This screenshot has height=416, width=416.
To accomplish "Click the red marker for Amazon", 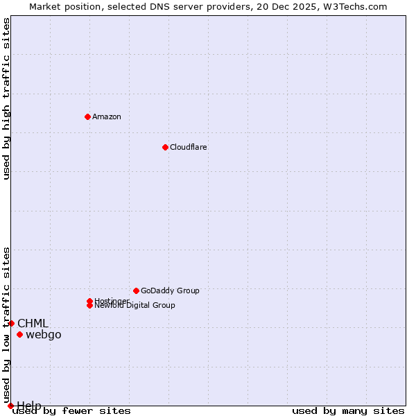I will coord(87,116).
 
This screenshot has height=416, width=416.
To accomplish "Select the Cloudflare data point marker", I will coord(165,147).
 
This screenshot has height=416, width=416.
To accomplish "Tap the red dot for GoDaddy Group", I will coord(136,291).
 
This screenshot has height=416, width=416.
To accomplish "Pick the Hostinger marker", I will coord(89,301).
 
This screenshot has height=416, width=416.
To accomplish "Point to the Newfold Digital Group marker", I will coord(89,305).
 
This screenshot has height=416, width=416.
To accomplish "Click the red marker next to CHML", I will coord(11,323).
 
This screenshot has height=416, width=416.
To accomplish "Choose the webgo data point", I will coord(19,335).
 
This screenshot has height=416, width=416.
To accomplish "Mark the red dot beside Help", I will coord(10,406).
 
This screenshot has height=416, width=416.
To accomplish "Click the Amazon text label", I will coord(107,116).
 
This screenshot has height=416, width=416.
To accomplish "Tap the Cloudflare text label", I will coord(189,147).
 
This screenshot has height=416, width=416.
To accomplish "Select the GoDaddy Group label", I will coord(170,291).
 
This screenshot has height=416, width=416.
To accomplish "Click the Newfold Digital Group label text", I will coord(135,306).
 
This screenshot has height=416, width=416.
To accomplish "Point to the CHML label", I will coord(33,323).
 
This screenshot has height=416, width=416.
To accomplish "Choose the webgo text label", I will coord(44,335).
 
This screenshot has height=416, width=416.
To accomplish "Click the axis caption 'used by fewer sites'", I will coord(72,411).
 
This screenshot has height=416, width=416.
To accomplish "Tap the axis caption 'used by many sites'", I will coord(348,411).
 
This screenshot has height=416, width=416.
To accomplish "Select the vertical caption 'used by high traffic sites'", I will coord(7,98).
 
